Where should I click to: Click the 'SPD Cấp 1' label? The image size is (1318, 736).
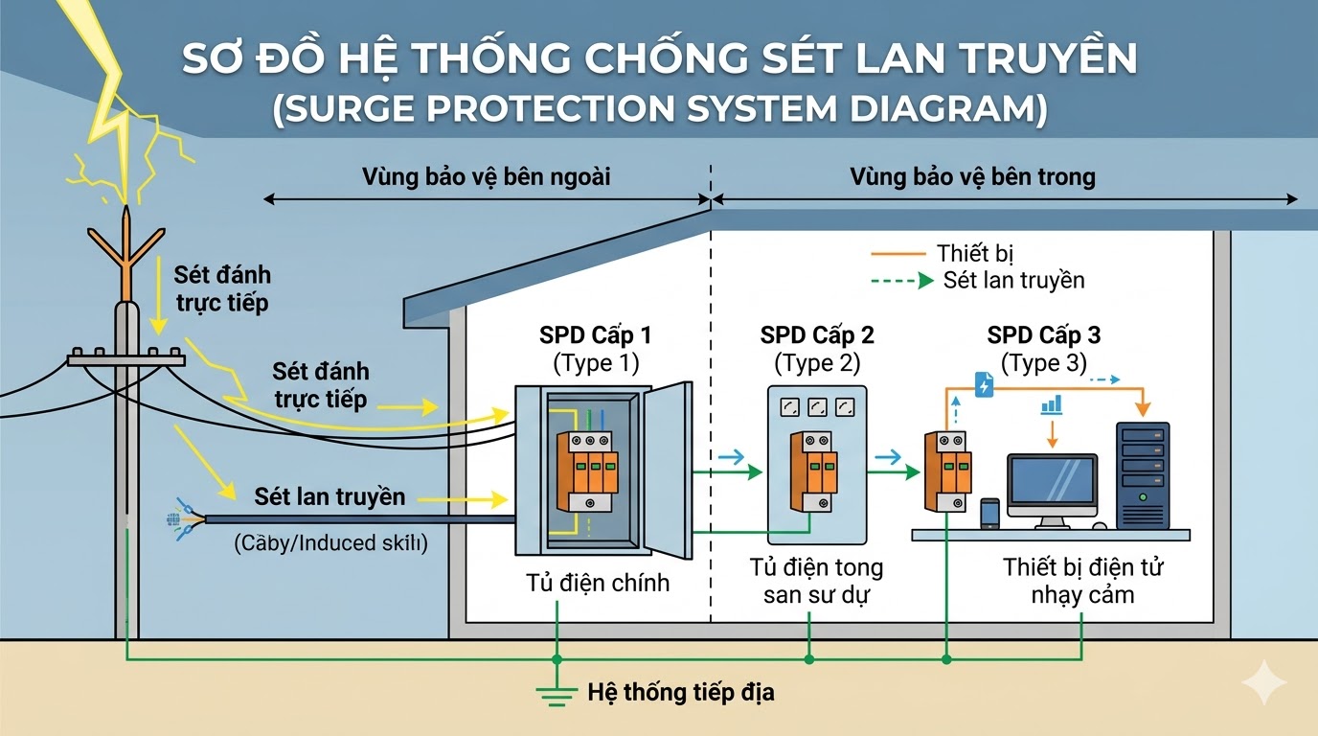tap(596, 335)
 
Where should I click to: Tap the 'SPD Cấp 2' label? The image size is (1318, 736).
tap(817, 335)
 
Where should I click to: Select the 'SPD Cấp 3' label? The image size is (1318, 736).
tap(1043, 335)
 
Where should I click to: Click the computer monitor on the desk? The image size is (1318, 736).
tap(1052, 483)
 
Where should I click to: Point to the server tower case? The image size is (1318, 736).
tap(1143, 475)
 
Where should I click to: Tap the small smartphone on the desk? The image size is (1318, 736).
tap(989, 513)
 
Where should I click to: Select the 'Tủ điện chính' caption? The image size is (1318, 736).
tap(597, 582)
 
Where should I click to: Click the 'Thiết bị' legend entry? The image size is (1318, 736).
tap(975, 254)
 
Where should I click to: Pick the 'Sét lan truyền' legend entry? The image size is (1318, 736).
tap(1013, 280)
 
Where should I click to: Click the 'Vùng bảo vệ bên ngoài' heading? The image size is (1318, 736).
tap(486, 177)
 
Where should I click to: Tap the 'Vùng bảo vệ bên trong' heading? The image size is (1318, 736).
tap(972, 177)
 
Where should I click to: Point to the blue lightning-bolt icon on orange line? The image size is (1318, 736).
tap(984, 385)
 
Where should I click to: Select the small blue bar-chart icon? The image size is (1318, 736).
tap(1052, 404)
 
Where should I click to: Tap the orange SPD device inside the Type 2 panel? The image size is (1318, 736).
tap(813, 470)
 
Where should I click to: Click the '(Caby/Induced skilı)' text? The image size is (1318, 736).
tap(330, 543)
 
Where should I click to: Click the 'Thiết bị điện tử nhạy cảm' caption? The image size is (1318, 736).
tap(1082, 581)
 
